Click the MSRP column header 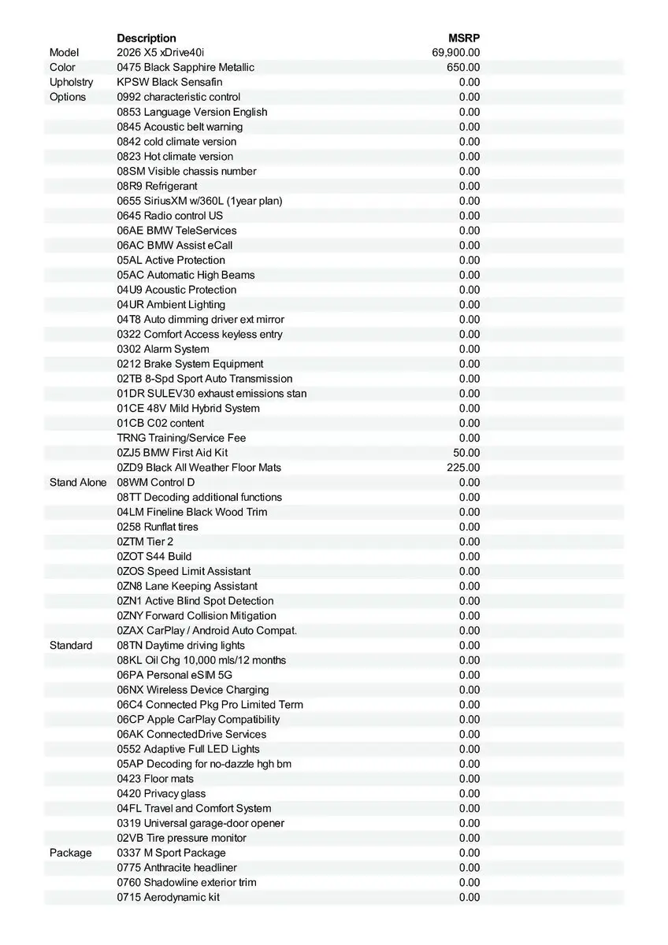tap(464, 38)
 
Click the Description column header tap(147, 38)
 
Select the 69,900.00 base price tap(456, 53)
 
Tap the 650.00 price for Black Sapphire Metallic tap(463, 68)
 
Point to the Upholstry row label tap(71, 82)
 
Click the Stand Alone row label tap(78, 482)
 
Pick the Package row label tap(71, 853)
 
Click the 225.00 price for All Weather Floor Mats tap(463, 468)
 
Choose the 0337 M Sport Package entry tap(171, 853)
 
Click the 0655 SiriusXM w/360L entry tap(199, 201)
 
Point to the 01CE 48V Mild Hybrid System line tap(188, 408)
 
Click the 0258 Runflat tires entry tap(158, 527)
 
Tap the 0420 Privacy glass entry tap(161, 794)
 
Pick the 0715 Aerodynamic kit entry tap(168, 897)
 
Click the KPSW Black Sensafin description tap(169, 82)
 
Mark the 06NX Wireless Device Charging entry tap(193, 690)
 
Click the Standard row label tap(71, 645)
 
